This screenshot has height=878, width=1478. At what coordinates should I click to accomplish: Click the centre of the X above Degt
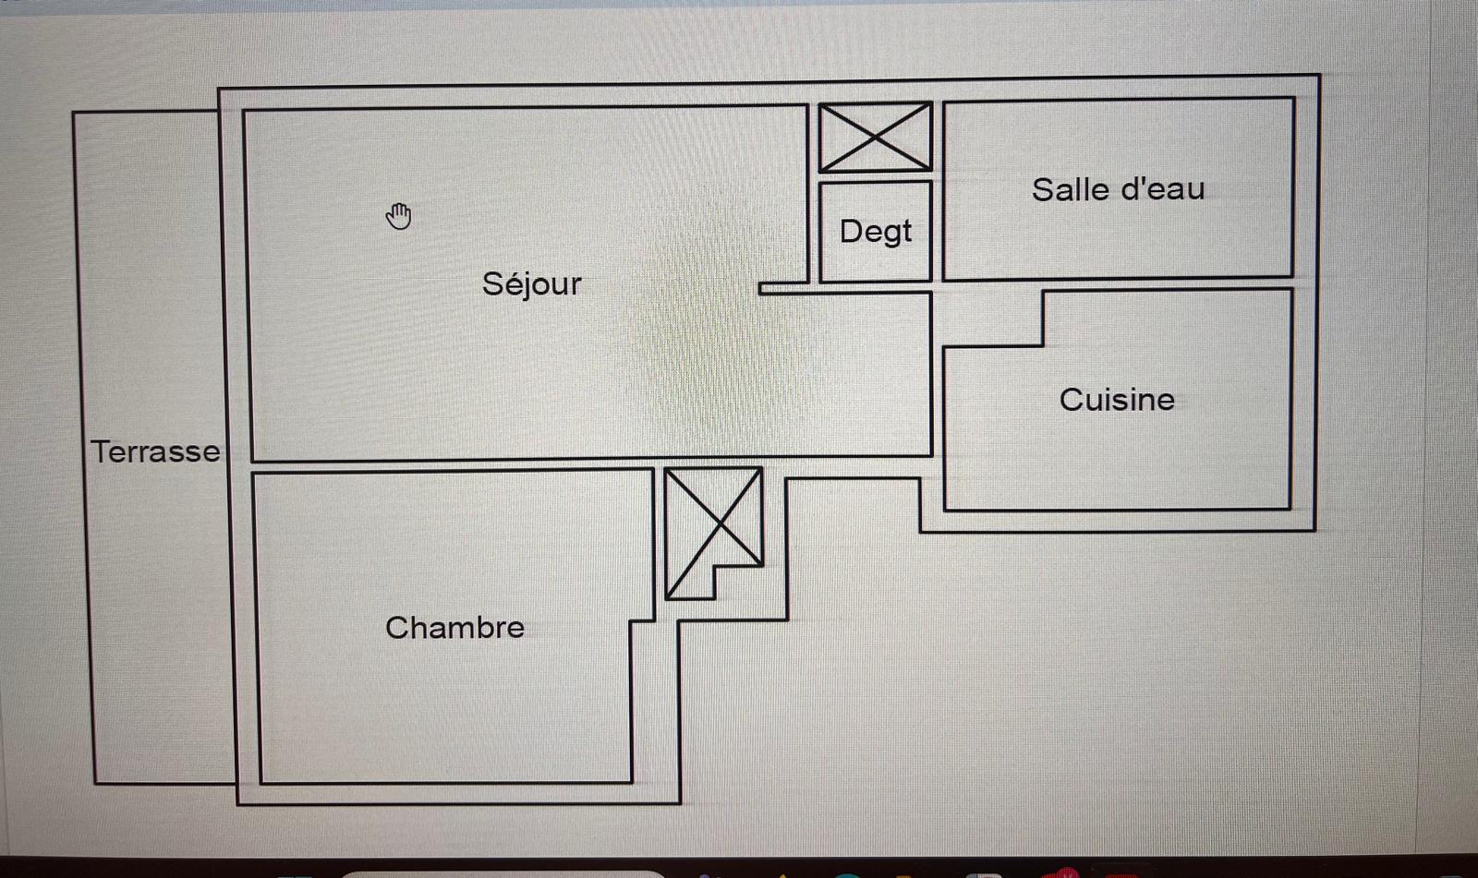pyautogui.click(x=875, y=138)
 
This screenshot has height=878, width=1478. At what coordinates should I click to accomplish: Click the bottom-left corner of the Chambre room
pyautogui.click(x=260, y=783)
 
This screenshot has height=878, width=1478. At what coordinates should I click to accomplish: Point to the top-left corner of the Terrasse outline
pyautogui.click(x=74, y=113)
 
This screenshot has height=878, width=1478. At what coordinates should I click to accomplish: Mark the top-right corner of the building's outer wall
pyautogui.click(x=1319, y=75)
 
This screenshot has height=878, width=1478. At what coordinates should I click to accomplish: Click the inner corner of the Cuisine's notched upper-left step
pyautogui.click(x=1043, y=345)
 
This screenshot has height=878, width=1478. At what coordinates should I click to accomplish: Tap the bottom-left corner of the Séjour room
pyautogui.click(x=252, y=461)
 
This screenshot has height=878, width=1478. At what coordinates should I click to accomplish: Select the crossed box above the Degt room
pyautogui.click(x=875, y=138)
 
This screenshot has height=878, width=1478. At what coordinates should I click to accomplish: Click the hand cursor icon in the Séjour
pyautogui.click(x=398, y=216)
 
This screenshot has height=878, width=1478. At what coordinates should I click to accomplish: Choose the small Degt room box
pyautogui.click(x=876, y=232)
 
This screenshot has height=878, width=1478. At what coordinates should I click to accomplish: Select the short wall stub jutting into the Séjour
pyautogui.click(x=784, y=288)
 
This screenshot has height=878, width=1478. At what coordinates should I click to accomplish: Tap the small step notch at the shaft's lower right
pyautogui.click(x=738, y=581)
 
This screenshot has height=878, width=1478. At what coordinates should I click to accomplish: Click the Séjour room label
pyautogui.click(x=532, y=285)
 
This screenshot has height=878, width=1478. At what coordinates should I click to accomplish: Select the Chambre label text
pyautogui.click(x=454, y=627)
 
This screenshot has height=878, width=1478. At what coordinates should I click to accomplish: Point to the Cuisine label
pyautogui.click(x=1117, y=400)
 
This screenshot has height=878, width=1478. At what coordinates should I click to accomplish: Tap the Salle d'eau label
pyautogui.click(x=1119, y=189)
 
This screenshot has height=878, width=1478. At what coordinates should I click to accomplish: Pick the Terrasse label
pyautogui.click(x=156, y=451)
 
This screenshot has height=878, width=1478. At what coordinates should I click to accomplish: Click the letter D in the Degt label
pyautogui.click(x=851, y=232)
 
